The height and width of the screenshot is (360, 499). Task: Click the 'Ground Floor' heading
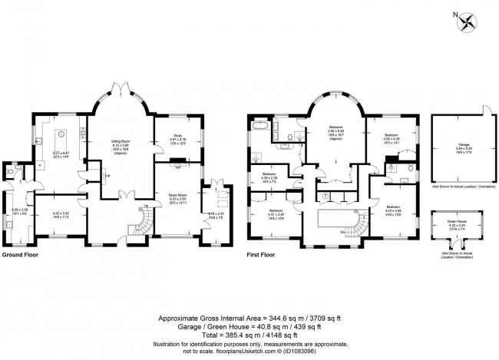click(19, 254)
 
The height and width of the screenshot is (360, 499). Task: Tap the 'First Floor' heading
click(262, 254)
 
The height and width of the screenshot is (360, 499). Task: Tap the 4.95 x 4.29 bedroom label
click(392, 139)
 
